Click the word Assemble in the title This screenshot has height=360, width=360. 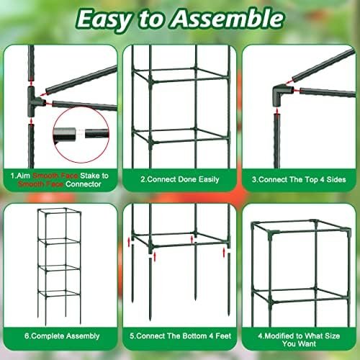tap(228, 19)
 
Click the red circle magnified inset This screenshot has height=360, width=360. tap(81, 135)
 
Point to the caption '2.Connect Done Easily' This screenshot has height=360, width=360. tap(180, 179)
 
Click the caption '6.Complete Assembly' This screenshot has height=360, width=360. tap(62, 336)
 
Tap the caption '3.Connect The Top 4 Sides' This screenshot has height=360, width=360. tap(299, 179)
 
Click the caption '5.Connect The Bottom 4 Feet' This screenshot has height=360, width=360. tap(181, 336)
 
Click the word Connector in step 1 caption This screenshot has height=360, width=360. tap(84, 184)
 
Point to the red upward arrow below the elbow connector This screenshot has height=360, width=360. tap(277, 112)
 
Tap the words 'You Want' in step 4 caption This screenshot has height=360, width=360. tap(299, 343)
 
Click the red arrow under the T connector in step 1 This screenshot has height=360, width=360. tap(31, 121)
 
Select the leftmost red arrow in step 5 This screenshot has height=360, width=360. tap(129, 241)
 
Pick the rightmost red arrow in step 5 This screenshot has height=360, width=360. tap(224, 253)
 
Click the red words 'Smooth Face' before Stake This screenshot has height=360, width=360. tap(55, 176)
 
